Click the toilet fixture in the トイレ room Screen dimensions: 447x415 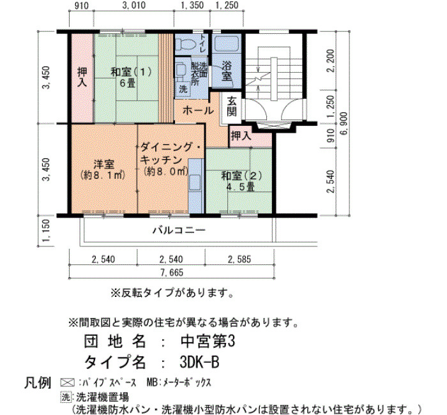[x=185, y=45]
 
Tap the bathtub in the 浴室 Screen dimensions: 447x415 [x=226, y=44]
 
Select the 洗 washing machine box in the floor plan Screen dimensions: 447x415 [x=183, y=89]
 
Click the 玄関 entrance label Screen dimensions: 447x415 [x=232, y=107]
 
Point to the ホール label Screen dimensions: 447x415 [x=198, y=110]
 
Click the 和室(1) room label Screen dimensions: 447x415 [x=131, y=72]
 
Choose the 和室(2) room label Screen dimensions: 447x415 [x=241, y=176]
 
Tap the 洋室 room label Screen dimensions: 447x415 [x=104, y=165]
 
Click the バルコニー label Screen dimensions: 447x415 [x=179, y=230]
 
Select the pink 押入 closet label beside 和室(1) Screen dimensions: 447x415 [x=82, y=77]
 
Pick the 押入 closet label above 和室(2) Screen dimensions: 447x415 [x=241, y=136]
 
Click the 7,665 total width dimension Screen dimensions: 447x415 [x=172, y=273]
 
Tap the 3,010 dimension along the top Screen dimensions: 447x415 [x=133, y=5]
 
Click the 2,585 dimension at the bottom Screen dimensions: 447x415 [x=239, y=259]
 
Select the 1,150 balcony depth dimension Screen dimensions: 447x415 [x=46, y=230]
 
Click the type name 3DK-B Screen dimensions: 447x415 [x=199, y=362]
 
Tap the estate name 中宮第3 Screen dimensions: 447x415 [x=208, y=341]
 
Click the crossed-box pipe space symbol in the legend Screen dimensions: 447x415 [x=67, y=383]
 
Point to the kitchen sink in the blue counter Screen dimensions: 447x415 [x=195, y=183]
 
